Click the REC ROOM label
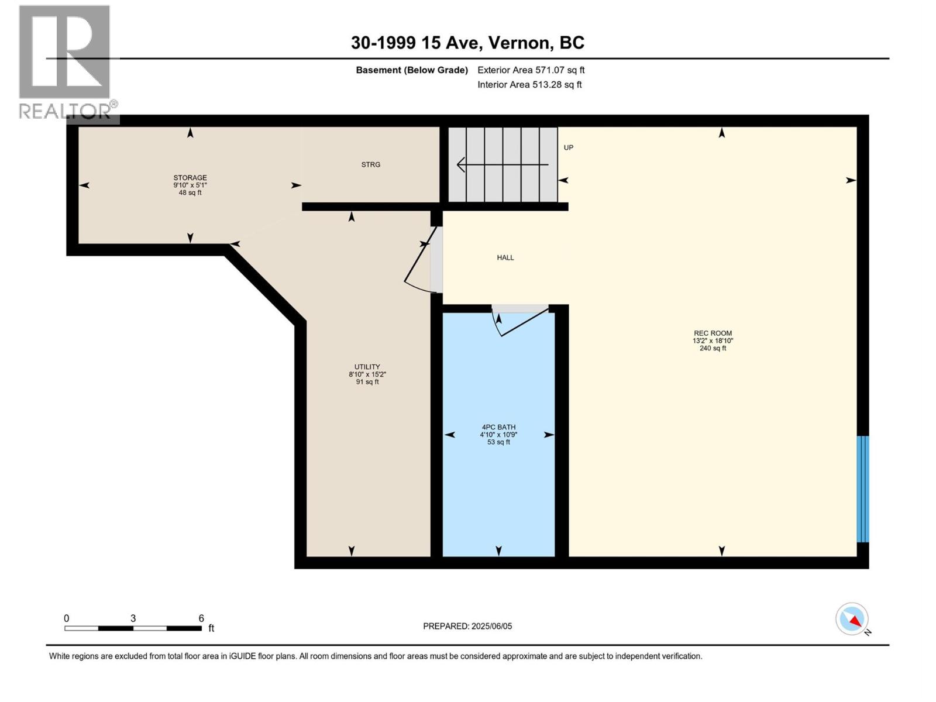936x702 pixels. (x=713, y=333)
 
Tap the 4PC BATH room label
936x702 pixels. (x=498, y=427)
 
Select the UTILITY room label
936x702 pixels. (x=367, y=367)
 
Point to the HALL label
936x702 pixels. (x=505, y=257)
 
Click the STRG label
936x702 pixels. (x=370, y=164)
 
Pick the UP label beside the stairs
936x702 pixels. (x=569, y=147)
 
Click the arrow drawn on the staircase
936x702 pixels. (x=503, y=164)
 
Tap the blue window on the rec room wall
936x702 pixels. (x=863, y=489)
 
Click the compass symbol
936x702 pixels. (x=852, y=619)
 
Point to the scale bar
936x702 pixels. (x=133, y=628)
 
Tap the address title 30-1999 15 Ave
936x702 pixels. (x=467, y=43)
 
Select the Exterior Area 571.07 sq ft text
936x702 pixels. (x=531, y=70)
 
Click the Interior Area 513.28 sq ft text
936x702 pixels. (x=529, y=84)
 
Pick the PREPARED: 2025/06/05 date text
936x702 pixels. (x=467, y=626)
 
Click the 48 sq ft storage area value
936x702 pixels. (x=190, y=192)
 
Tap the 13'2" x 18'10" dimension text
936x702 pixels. (x=713, y=340)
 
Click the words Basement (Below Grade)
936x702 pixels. (x=412, y=70)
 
